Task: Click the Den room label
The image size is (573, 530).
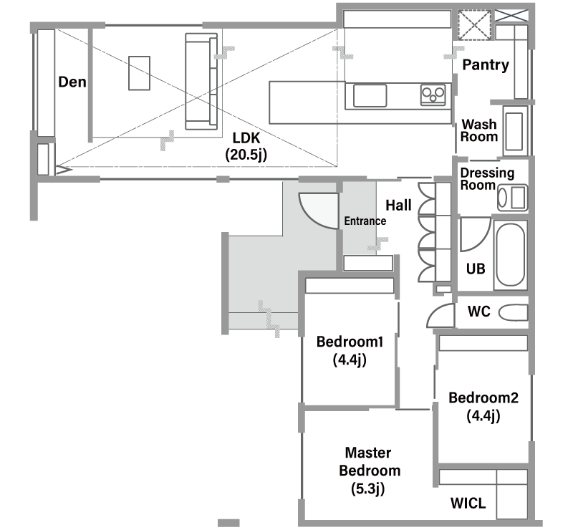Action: click(x=72, y=82)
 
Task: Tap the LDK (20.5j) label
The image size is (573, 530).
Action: click(x=246, y=147)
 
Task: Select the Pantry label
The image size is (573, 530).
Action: click(x=486, y=65)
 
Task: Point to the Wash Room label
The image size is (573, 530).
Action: click(x=479, y=130)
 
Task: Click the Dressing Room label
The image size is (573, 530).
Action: click(x=487, y=179)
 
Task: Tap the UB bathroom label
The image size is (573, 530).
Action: click(x=476, y=269)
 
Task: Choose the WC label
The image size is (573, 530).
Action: click(x=478, y=312)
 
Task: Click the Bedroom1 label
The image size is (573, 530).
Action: click(x=350, y=351)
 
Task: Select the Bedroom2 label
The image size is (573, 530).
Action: click(x=483, y=407)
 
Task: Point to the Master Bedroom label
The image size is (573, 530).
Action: click(x=370, y=471)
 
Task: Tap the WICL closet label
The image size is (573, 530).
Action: click(x=468, y=503)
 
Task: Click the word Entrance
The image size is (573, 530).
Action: click(x=365, y=221)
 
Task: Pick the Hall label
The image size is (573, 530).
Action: click(x=399, y=206)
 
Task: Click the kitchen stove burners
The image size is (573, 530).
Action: click(x=433, y=95)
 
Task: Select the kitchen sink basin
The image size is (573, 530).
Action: click(x=370, y=96)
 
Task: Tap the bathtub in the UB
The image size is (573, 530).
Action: click(x=511, y=255)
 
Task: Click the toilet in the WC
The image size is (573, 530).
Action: click(x=514, y=313)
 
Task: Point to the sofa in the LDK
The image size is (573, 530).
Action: click(x=201, y=81)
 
